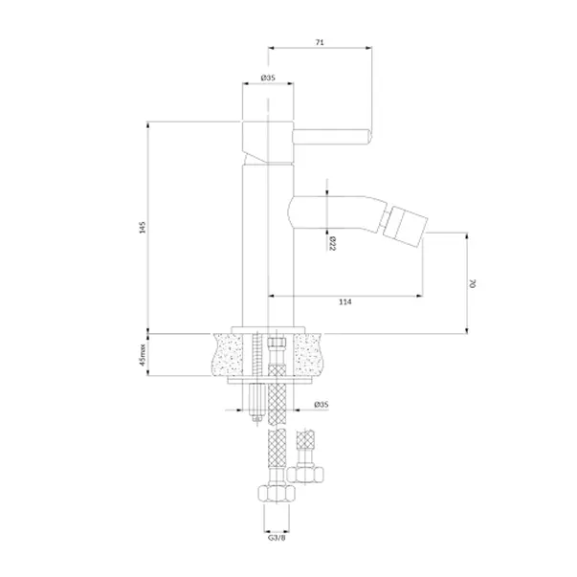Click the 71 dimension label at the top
320,42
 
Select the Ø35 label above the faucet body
268,78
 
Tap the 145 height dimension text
143,227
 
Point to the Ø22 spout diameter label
332,243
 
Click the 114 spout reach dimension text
344,301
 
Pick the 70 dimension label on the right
473,284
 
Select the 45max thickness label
143,355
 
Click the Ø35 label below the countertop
322,405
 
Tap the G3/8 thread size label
277,538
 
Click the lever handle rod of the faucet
331,137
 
